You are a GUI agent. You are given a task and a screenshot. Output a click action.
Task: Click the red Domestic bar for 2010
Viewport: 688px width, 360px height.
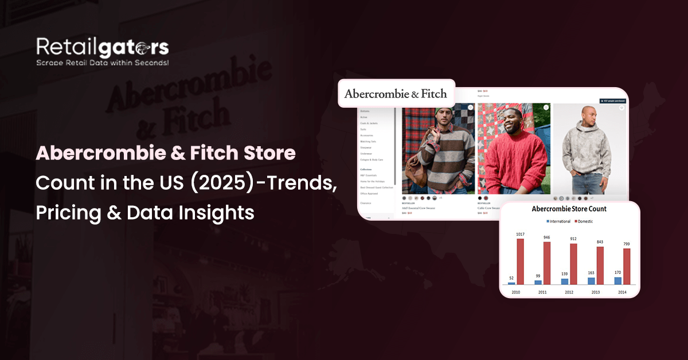[520, 261]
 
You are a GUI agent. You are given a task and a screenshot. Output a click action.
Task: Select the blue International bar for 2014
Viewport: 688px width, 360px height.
[618, 280]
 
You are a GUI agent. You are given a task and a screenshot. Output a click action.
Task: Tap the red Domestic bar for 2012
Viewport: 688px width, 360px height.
[573, 264]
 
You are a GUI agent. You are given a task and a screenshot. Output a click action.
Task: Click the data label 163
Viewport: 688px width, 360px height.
[591, 273]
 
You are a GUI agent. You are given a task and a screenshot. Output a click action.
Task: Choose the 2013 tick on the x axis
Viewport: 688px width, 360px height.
[596, 292]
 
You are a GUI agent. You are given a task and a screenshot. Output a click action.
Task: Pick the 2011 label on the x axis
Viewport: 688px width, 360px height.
[542, 292]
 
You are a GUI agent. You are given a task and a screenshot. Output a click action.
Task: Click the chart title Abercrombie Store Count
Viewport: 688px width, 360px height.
[569, 209]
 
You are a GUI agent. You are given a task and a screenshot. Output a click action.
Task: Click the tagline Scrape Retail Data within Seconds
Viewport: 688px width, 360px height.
[103, 62]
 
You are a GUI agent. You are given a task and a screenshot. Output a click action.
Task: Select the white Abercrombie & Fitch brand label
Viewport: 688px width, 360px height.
[396, 93]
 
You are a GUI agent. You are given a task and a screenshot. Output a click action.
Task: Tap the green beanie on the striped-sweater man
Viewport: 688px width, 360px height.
[440, 110]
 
